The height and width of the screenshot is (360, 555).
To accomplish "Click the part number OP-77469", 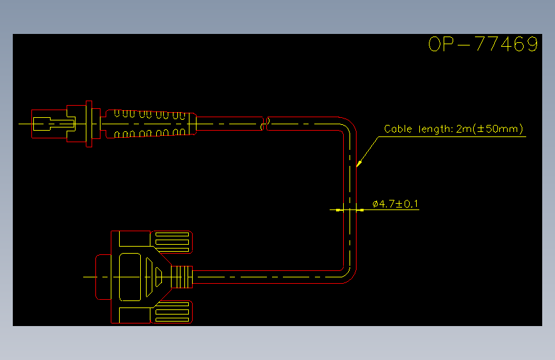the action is [x=483, y=44].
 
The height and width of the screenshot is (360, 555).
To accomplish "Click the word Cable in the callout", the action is [x=398, y=129].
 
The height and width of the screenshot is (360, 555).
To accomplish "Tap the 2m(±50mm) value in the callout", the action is [x=490, y=129].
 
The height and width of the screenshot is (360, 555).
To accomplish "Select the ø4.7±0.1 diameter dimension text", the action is [x=395, y=204].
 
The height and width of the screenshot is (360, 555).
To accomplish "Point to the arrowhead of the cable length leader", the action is [x=358, y=164].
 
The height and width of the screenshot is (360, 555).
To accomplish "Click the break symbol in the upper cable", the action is [x=265, y=124].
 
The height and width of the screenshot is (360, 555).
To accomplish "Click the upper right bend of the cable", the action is [x=349, y=124].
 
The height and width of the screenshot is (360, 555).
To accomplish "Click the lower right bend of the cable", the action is [x=349, y=275].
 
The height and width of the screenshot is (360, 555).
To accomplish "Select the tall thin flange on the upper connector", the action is [x=89, y=124].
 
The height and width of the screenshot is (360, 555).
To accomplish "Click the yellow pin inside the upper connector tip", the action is [x=54, y=124].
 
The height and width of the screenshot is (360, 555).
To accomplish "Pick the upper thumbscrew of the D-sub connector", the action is [x=172, y=242].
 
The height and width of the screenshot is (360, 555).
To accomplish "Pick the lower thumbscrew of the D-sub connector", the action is [x=172, y=312].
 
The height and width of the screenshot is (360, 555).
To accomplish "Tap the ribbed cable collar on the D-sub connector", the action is [x=182, y=277].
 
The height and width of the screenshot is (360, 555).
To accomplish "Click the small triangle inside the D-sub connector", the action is [x=159, y=277].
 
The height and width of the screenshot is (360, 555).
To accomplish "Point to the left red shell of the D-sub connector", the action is [x=103, y=277].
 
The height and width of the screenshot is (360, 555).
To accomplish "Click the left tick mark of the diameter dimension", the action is [x=338, y=210].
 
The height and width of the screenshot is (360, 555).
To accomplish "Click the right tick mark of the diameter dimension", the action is [x=362, y=210].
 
